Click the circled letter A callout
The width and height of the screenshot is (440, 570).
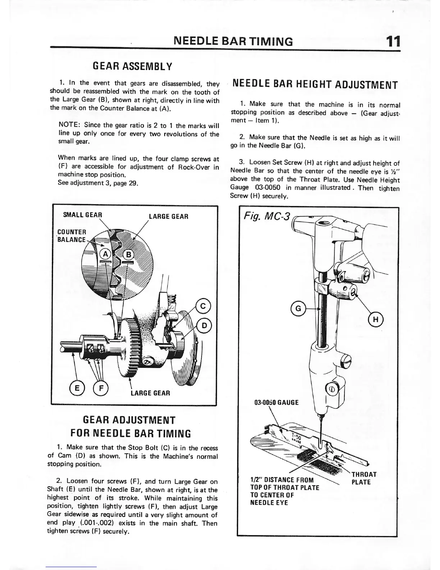click(105, 254)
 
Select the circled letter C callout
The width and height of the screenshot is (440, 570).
click(203, 306)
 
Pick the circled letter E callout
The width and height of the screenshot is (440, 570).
click(76, 389)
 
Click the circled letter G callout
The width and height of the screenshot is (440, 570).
click(298, 308)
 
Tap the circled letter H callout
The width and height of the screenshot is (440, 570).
click(376, 319)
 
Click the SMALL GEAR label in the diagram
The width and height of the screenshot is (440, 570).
click(82, 215)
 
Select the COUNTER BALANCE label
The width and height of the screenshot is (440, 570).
click(72, 236)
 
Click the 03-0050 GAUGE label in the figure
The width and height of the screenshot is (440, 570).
click(276, 402)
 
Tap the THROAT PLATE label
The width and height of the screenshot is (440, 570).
click(364, 478)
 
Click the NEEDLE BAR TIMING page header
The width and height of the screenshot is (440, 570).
click(233, 42)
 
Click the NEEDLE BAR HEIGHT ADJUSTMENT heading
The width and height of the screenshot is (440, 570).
click(315, 85)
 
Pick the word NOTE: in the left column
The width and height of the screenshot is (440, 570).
click(69, 126)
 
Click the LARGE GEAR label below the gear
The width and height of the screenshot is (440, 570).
click(150, 393)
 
